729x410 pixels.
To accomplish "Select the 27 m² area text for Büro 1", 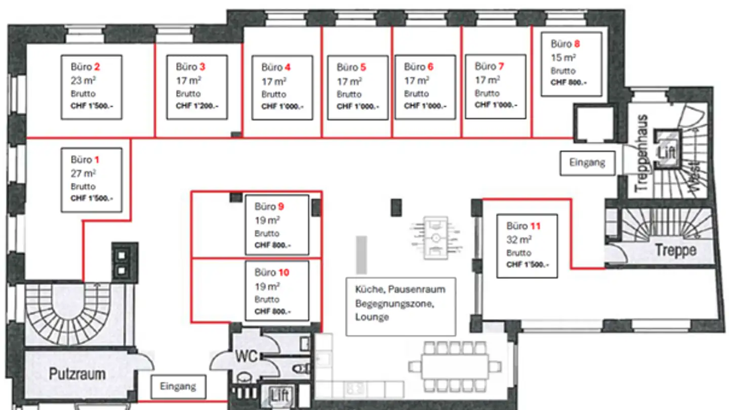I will tap(83, 173).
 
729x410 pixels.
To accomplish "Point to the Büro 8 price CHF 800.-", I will tap(569, 83).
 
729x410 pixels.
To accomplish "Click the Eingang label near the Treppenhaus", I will tap(587, 163).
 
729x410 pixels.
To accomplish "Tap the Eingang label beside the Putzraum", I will tap(178, 387).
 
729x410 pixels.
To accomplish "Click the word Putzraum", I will tap(77, 375).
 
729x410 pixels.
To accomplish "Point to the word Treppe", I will tap(675, 250).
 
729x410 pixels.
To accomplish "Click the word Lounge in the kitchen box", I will tap(372, 317).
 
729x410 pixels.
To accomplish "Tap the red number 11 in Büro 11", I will tap(535, 226).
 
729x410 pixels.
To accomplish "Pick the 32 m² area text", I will tap(519, 239).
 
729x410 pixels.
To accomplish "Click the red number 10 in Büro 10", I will tap(283, 273).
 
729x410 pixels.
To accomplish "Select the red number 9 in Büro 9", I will tap(280, 207).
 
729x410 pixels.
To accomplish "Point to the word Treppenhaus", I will tap(641, 153).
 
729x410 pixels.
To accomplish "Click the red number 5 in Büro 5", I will tap(363, 67).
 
